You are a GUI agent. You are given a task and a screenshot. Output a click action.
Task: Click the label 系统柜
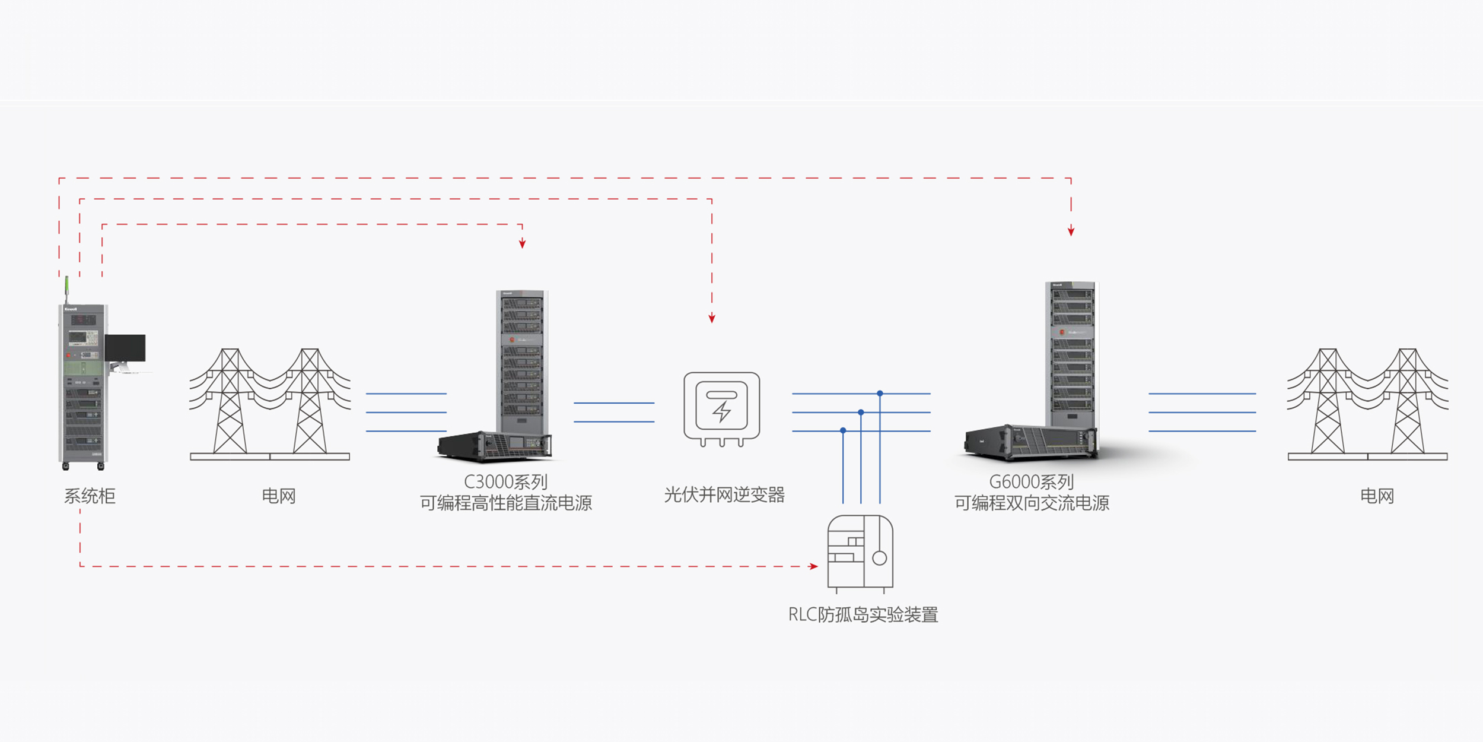90,496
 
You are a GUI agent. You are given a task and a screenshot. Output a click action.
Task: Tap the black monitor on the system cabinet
125,348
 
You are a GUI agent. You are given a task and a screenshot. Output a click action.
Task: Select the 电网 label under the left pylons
279,496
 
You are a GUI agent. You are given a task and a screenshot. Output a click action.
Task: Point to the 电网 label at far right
1377,496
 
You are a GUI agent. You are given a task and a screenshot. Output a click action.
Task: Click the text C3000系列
505,481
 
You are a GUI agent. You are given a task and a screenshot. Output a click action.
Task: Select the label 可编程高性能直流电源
505,503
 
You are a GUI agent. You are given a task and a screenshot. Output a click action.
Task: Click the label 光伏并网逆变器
724,494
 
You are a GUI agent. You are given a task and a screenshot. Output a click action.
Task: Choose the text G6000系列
1032,481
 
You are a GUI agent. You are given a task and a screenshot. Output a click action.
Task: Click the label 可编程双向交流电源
1032,503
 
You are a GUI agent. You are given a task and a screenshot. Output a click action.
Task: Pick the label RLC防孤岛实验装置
863,614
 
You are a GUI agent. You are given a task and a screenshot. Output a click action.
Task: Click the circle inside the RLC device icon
880,558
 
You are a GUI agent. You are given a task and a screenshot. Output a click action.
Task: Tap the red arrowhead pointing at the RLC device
814,566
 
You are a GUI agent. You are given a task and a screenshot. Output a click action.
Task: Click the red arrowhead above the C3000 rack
522,243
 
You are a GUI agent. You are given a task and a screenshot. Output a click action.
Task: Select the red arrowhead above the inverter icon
712,319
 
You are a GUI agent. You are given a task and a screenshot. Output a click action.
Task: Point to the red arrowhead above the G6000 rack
1071,231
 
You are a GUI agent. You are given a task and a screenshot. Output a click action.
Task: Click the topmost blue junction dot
880,394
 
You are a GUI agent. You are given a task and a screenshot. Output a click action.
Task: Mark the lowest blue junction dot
843,430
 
